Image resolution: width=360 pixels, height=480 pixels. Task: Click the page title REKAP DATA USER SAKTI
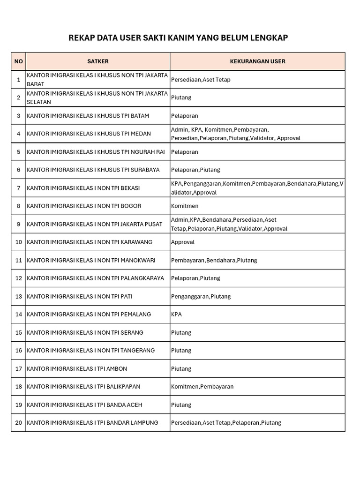pyautogui.click(x=178, y=37)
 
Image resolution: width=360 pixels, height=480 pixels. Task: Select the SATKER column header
pyautogui.click(x=97, y=61)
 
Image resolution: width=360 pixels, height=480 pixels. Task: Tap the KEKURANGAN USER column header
pyautogui.click(x=257, y=61)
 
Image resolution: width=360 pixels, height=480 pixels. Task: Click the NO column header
pyautogui.click(x=18, y=61)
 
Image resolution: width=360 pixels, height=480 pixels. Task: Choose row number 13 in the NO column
pyautogui.click(x=18, y=296)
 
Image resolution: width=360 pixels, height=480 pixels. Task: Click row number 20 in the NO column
pyautogui.click(x=18, y=423)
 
